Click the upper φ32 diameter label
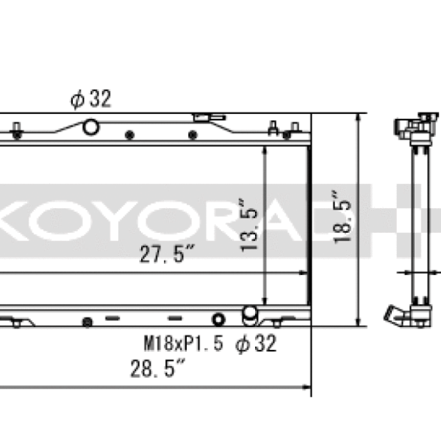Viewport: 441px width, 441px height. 91,99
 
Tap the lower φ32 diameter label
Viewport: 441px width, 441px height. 256,343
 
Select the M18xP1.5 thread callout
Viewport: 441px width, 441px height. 182,343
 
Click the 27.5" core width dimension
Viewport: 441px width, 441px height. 167,256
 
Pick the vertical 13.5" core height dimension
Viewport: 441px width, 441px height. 250,226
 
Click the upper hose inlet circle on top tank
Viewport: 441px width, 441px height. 90,127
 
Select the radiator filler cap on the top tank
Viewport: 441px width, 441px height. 207,118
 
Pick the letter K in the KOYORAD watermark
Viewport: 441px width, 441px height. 15,218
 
